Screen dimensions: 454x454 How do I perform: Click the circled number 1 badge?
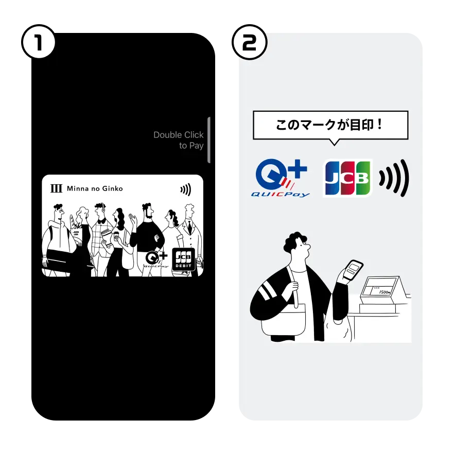38,43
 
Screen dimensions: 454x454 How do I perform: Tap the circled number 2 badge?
249,43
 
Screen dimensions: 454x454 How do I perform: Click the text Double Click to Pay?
179,140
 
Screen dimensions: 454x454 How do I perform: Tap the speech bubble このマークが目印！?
330,125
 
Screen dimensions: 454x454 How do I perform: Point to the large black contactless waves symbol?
394,178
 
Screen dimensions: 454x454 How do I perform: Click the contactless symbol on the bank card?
185,190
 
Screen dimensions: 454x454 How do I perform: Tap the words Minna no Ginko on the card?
95,189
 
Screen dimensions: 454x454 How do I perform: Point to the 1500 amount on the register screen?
384,291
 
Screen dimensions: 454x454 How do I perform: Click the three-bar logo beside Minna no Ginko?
57,189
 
